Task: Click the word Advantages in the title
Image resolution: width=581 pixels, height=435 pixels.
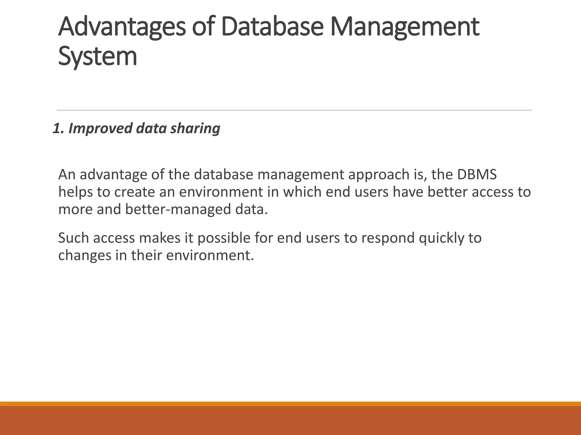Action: [122, 27]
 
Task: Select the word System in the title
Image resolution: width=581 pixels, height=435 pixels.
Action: [98, 57]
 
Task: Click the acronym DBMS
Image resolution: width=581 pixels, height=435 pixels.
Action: [477, 174]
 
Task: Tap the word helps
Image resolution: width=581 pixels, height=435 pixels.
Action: [75, 192]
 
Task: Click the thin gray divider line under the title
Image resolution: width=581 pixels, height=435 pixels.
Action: [294, 110]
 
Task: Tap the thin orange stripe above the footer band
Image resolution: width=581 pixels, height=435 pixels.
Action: [290, 404]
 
